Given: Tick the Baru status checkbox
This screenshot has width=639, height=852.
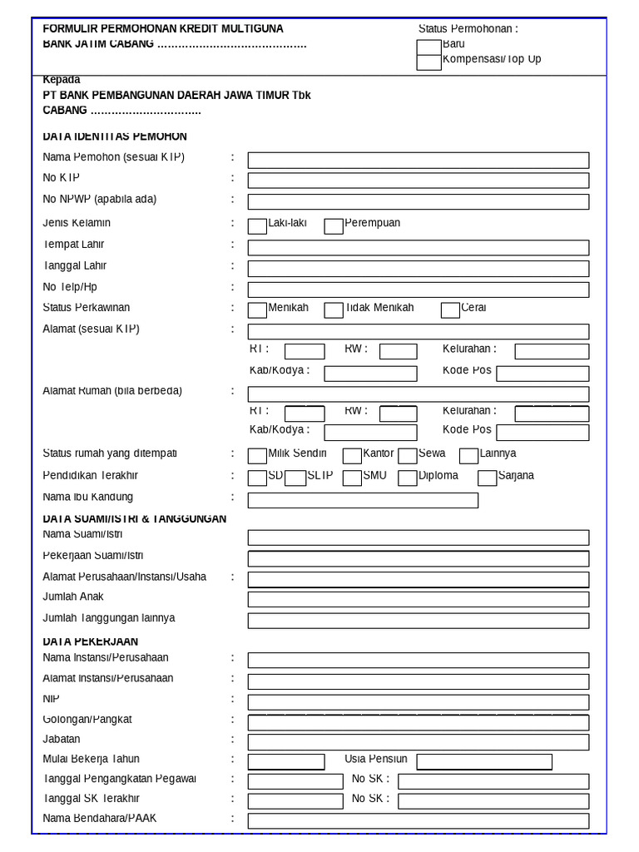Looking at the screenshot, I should point(428,47).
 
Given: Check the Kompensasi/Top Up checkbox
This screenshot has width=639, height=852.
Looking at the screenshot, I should point(428,62).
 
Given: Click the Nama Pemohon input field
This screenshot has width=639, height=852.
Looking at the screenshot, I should point(418,160).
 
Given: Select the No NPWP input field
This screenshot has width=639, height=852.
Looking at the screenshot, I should point(418,201).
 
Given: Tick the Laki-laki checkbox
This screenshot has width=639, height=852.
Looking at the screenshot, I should point(257,225).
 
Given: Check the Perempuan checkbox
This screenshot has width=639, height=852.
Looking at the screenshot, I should point(333,225).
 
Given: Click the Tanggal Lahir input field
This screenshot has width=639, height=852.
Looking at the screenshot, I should point(418,268).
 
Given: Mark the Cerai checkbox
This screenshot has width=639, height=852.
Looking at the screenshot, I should point(449,310).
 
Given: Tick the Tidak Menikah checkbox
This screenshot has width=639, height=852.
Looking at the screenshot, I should point(333,310).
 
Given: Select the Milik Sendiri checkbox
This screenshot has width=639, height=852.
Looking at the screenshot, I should point(257,455).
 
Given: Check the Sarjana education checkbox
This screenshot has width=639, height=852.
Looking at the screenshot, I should point(487,478).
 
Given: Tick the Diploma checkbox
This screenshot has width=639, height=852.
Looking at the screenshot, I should point(407,478).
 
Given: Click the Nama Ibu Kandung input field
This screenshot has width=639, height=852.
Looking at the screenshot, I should point(363,500).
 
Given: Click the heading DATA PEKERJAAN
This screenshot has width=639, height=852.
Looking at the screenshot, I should point(90,641).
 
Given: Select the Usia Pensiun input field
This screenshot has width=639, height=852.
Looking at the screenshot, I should point(484,761).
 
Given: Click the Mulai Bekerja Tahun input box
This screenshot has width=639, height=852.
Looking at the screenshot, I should point(286,761).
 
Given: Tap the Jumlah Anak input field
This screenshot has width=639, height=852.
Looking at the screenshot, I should point(418,599).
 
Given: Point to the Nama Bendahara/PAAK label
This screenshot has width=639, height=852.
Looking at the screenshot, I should point(99,819).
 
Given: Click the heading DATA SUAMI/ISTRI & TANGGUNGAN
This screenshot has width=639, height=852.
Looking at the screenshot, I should point(134,518).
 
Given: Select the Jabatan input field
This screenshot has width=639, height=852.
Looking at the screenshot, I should point(418,741).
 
